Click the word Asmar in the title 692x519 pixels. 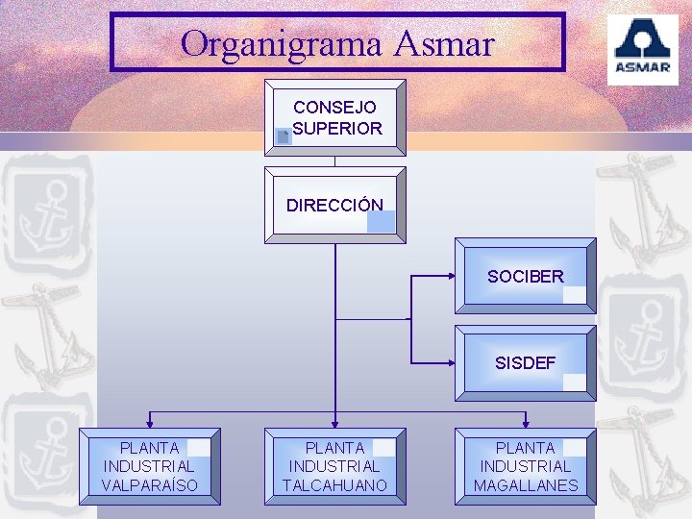[x=444, y=43]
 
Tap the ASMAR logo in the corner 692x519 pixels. [x=642, y=49]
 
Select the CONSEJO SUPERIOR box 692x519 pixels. [x=335, y=117]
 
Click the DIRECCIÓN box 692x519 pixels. [x=334, y=205]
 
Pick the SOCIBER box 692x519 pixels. [x=525, y=277]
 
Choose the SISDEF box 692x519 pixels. [x=525, y=363]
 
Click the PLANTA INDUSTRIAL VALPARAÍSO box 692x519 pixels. [x=149, y=467]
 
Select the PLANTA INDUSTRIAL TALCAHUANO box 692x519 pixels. [x=334, y=467]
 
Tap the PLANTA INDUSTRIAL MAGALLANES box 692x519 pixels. [x=526, y=467]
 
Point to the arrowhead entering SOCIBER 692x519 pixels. [x=451, y=277]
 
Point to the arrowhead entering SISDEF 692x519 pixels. [x=451, y=363]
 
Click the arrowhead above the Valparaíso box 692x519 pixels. [x=149, y=422]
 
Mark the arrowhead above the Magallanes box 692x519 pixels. [x=526, y=422]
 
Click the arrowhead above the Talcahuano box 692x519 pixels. [x=334, y=422]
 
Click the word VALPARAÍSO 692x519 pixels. [x=149, y=485]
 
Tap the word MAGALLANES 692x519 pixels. [x=526, y=485]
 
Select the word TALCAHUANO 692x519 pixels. [x=334, y=485]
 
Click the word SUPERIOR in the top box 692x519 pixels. [x=337, y=128]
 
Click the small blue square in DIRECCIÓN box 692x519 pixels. [x=381, y=221]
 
